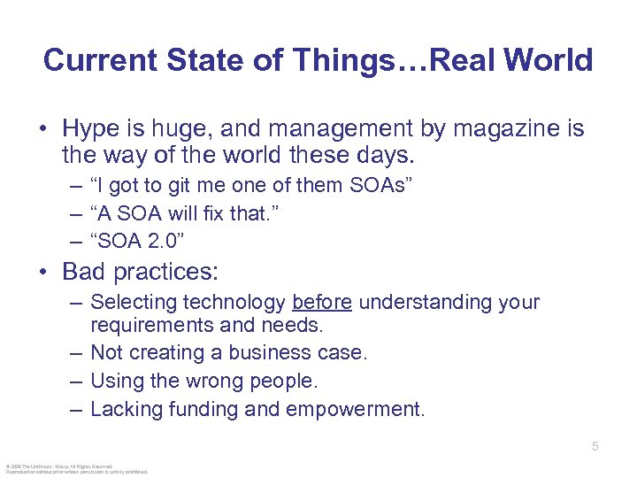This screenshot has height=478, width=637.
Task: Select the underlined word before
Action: (322, 303)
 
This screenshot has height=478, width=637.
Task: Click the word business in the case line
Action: (270, 352)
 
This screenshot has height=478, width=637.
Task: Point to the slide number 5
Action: (595, 447)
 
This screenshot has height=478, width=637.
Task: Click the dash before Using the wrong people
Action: (77, 381)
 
